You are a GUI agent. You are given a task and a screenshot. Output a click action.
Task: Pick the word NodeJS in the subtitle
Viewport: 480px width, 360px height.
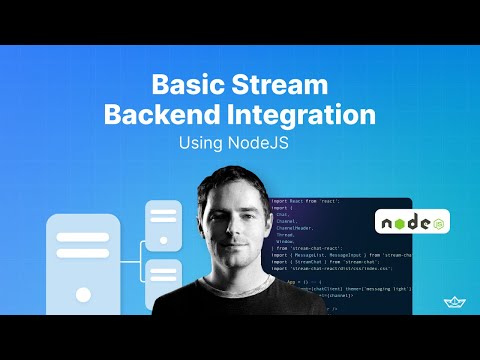(268, 142)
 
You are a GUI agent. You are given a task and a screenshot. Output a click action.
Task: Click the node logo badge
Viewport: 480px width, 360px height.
(412, 220)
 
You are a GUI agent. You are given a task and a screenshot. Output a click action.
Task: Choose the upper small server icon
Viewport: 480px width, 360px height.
(162, 223)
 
